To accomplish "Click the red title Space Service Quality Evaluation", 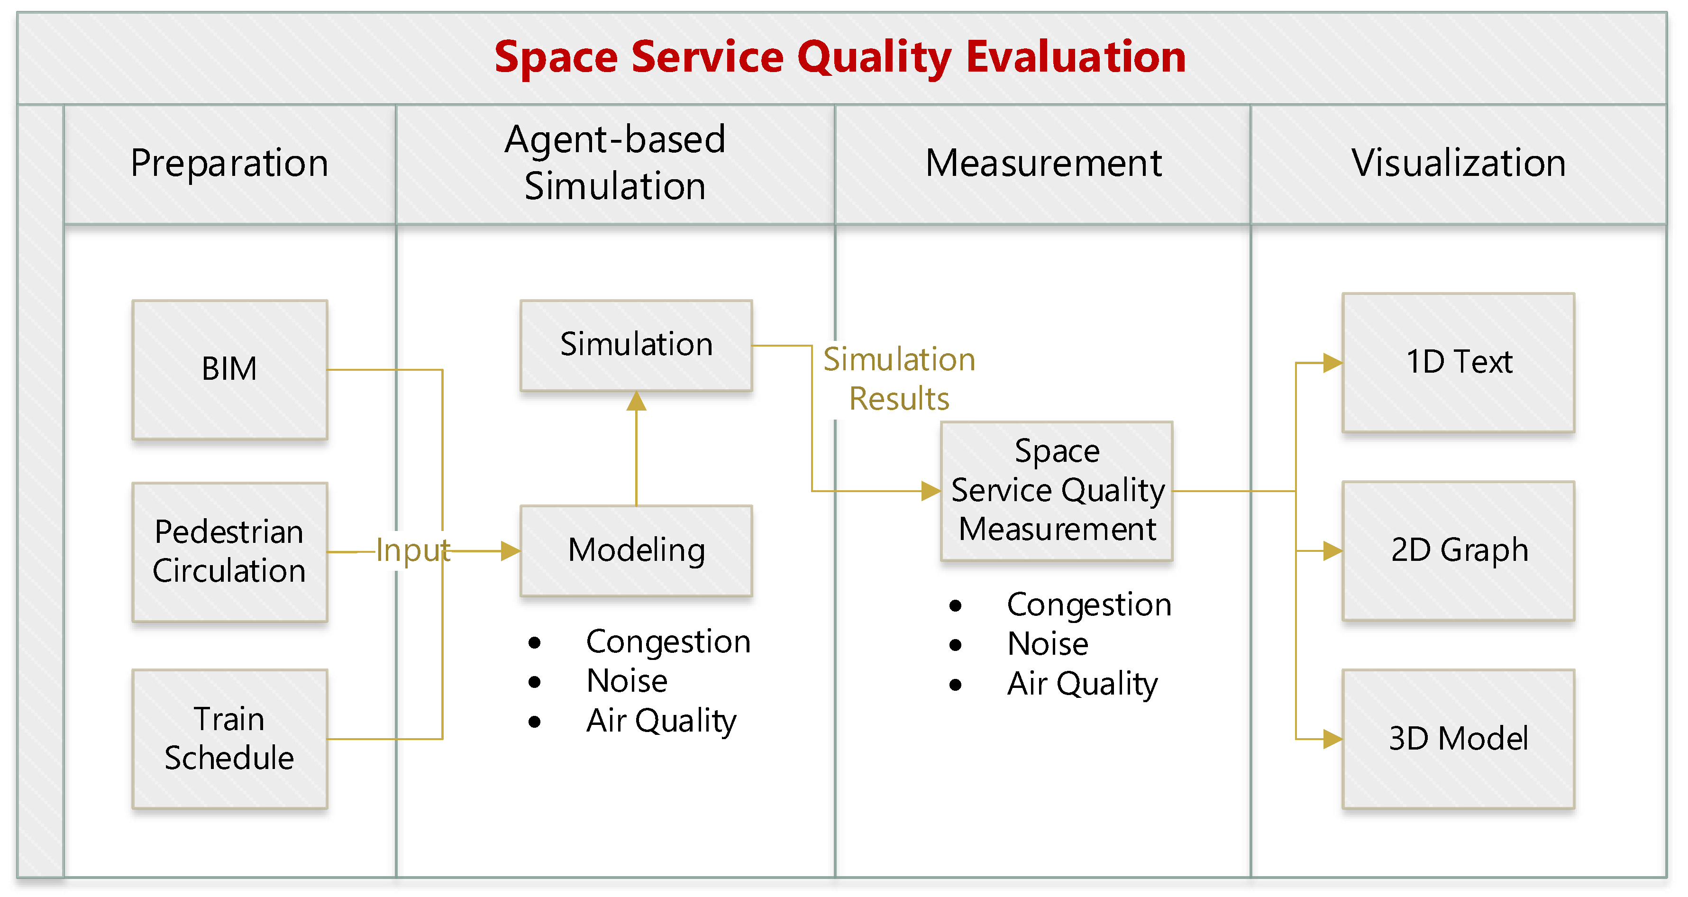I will (839, 57).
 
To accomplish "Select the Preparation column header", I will (229, 163).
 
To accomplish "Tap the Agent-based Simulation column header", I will (615, 163).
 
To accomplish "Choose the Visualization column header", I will (1458, 163).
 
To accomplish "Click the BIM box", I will (229, 369).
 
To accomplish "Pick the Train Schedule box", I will (229, 739).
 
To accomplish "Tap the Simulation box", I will (636, 345).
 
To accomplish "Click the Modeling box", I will (636, 550).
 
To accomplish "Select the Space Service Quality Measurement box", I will (1056, 490).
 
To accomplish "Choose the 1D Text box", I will (1458, 362).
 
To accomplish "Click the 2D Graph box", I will (1458, 550).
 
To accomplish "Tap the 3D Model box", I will (1458, 739).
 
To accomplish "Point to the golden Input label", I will (413, 550).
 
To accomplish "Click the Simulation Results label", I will (899, 379).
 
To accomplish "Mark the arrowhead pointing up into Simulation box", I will (636, 402).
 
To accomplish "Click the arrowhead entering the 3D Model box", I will (1332, 739).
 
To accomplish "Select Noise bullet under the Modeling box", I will (627, 681).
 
